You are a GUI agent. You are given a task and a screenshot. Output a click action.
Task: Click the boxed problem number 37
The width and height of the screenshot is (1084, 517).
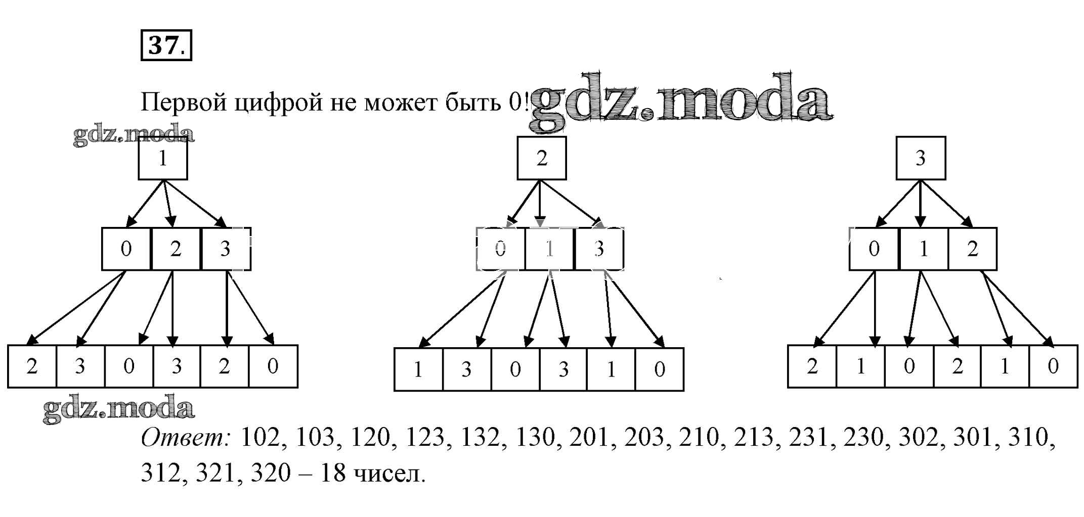[x=166, y=45]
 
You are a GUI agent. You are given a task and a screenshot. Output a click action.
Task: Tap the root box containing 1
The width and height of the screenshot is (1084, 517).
[x=163, y=158]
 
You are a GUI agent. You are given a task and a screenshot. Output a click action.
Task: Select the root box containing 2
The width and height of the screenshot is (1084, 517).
[x=541, y=158]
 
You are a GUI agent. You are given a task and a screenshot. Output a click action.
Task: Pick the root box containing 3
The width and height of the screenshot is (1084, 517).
[x=921, y=158]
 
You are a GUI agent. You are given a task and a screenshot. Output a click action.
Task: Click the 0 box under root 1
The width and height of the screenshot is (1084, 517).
[x=126, y=249]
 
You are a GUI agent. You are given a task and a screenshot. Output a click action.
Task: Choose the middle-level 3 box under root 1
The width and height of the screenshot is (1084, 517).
[x=226, y=249]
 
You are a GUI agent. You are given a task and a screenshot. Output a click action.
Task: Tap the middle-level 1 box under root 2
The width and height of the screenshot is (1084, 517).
[x=549, y=249]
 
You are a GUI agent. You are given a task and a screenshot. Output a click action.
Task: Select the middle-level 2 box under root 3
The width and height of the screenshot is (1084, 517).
[x=972, y=249]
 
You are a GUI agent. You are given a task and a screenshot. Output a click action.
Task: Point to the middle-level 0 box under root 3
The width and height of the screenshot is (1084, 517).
[x=874, y=249]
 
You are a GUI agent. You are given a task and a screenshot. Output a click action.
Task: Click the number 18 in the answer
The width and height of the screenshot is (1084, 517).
[x=333, y=473]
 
